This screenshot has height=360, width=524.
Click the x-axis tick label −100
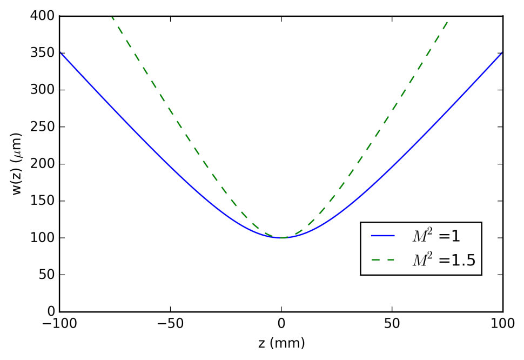59,324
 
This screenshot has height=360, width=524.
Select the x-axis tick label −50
170,324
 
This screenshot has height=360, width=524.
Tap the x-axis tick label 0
281,324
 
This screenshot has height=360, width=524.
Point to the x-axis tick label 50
392,324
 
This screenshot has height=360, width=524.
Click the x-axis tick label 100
502,324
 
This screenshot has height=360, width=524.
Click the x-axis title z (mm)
281,343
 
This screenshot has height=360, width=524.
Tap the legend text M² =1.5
444,261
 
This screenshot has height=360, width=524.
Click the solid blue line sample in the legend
384,236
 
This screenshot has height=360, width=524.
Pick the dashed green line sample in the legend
384,261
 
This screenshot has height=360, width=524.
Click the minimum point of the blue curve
281,238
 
